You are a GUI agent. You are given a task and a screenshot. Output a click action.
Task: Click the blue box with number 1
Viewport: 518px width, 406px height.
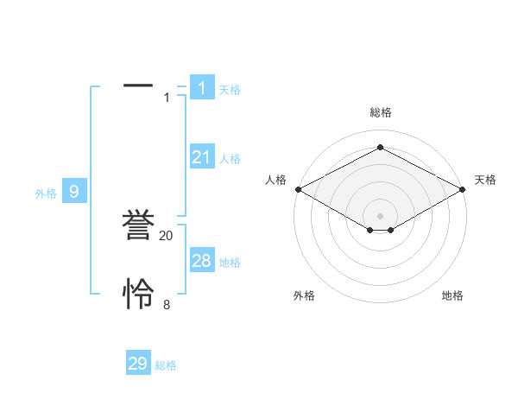(x=202, y=87)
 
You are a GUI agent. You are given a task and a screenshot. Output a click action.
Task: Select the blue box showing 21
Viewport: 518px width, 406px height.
(x=202, y=156)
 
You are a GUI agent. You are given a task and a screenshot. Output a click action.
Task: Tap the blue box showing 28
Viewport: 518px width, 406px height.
(x=202, y=260)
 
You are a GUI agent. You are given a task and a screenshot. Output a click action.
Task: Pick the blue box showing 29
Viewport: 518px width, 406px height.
(x=138, y=364)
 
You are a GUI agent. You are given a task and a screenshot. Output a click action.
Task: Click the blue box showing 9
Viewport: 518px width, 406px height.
(x=74, y=192)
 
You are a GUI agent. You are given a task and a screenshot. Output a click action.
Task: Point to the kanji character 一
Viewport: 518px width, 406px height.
(x=138, y=86)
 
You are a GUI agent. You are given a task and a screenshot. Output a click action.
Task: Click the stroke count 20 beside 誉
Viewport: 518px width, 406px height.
(x=167, y=236)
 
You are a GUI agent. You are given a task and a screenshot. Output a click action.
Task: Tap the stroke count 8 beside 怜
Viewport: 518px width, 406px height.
(x=167, y=305)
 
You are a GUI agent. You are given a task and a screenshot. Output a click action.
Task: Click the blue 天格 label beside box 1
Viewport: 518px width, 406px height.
(x=230, y=90)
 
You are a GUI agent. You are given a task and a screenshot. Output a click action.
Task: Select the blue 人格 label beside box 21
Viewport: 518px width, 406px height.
(x=230, y=159)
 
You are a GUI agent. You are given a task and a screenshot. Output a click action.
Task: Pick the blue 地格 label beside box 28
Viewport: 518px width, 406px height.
(x=230, y=263)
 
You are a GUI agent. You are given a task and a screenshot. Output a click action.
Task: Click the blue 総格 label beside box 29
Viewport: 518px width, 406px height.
(x=166, y=366)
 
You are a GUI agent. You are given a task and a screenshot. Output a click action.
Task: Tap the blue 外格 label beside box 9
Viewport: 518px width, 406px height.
(x=46, y=194)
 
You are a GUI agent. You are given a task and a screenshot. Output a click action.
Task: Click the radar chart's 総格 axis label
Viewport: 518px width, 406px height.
(x=380, y=112)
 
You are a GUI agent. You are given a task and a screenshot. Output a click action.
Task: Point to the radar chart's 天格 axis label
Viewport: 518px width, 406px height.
(x=485, y=180)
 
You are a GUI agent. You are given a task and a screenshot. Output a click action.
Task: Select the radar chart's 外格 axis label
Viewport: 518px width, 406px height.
(x=304, y=295)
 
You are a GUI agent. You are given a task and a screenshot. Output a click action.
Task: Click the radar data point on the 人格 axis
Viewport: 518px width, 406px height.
(x=298, y=189)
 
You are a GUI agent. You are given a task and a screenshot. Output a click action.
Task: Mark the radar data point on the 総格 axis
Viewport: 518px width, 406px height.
(x=380, y=148)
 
